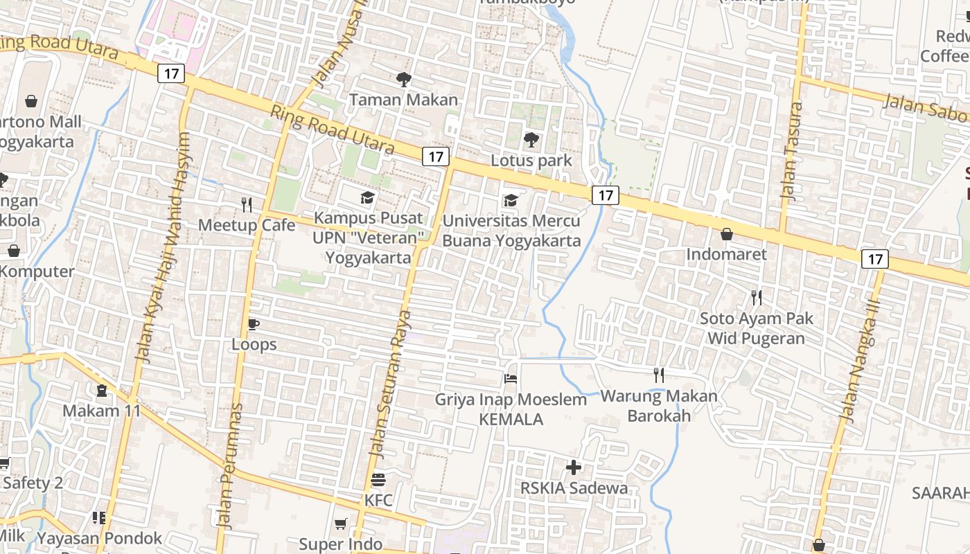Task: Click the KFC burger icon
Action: (378, 479)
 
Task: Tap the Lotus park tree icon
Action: (531, 141)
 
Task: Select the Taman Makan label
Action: (403, 100)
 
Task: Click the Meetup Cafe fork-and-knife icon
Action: (246, 204)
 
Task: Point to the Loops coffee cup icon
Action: (254, 324)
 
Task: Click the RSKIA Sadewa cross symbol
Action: (574, 467)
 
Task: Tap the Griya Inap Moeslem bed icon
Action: (511, 379)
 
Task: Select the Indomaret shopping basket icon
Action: (726, 234)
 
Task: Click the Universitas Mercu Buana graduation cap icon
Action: (511, 201)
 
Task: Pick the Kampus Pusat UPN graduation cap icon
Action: (367, 198)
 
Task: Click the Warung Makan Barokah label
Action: (659, 406)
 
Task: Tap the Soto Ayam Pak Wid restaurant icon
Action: (757, 298)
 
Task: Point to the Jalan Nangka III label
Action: (859, 360)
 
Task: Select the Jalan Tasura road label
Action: (792, 151)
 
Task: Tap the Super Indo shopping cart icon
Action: (340, 524)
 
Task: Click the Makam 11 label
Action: (102, 411)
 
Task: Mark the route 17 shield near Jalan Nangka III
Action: (875, 259)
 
